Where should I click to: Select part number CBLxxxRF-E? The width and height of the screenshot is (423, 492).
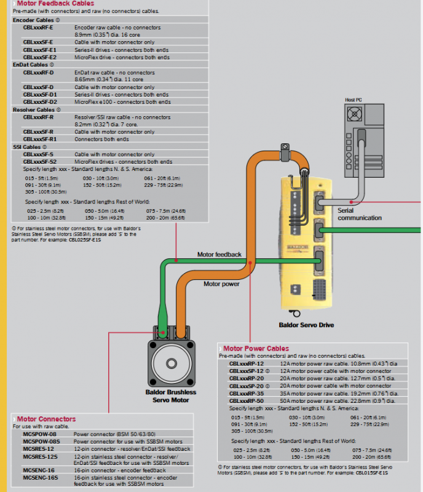[x=38, y=28]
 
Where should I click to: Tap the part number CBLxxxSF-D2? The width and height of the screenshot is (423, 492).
[x=40, y=102]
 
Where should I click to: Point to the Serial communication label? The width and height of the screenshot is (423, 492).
[x=360, y=214]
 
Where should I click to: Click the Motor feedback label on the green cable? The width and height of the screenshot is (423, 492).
[x=219, y=254]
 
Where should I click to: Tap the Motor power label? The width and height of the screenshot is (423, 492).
[x=222, y=284]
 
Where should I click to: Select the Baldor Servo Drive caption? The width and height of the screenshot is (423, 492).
[x=306, y=325]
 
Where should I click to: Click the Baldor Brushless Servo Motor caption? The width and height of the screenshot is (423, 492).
[x=170, y=396]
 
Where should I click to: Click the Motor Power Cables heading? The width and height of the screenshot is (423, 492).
[x=256, y=349]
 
